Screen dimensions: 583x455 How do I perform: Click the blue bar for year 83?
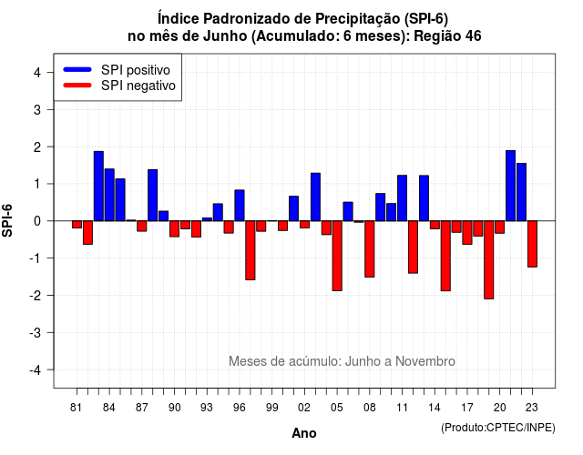tap(98, 186)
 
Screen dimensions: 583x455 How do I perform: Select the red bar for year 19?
tap(489, 259)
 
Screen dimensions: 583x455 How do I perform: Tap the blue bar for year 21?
tap(510, 186)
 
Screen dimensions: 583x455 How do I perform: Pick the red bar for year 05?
tap(337, 256)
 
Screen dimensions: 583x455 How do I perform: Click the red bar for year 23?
tap(532, 244)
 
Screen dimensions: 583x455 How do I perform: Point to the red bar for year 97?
tap(251, 250)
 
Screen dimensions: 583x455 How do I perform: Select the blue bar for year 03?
tap(315, 197)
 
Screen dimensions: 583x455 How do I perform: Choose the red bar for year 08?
tap(370, 248)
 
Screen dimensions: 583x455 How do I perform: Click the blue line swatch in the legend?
tap(77, 69)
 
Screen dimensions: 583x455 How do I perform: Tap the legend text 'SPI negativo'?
tap(138, 86)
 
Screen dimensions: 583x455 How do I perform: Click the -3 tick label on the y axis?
tap(35, 332)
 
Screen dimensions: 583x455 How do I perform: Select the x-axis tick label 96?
tap(239, 408)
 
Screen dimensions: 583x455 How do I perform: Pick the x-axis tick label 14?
tap(435, 408)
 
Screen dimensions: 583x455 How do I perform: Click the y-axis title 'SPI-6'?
tap(7, 220)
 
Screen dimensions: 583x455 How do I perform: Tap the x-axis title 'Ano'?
tap(304, 433)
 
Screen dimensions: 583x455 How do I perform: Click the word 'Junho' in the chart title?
tap(225, 36)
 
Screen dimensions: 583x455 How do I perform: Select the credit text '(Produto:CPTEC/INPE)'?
tap(498, 428)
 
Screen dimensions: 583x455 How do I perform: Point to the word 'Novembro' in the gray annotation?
tap(425, 361)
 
